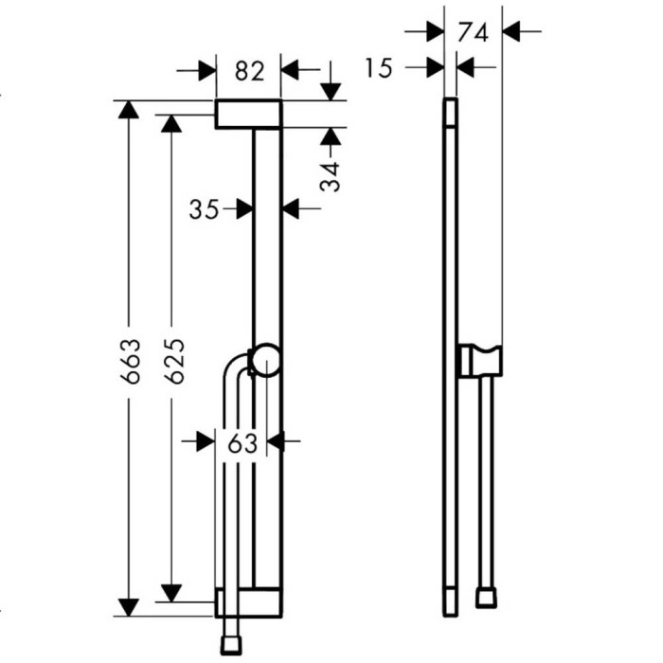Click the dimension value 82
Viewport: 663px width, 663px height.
click(x=249, y=71)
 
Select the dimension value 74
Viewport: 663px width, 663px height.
click(x=474, y=32)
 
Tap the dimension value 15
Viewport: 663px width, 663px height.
click(x=379, y=68)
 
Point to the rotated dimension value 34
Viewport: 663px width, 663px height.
click(x=331, y=176)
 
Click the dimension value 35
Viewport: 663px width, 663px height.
click(x=204, y=209)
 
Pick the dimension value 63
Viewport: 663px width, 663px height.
click(x=242, y=443)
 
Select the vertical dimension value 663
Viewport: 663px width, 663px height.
click(x=130, y=361)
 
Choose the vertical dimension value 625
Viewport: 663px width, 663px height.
click(x=174, y=361)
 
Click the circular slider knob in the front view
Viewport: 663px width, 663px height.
click(x=264, y=360)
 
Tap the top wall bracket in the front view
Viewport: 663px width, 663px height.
click(x=248, y=115)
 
